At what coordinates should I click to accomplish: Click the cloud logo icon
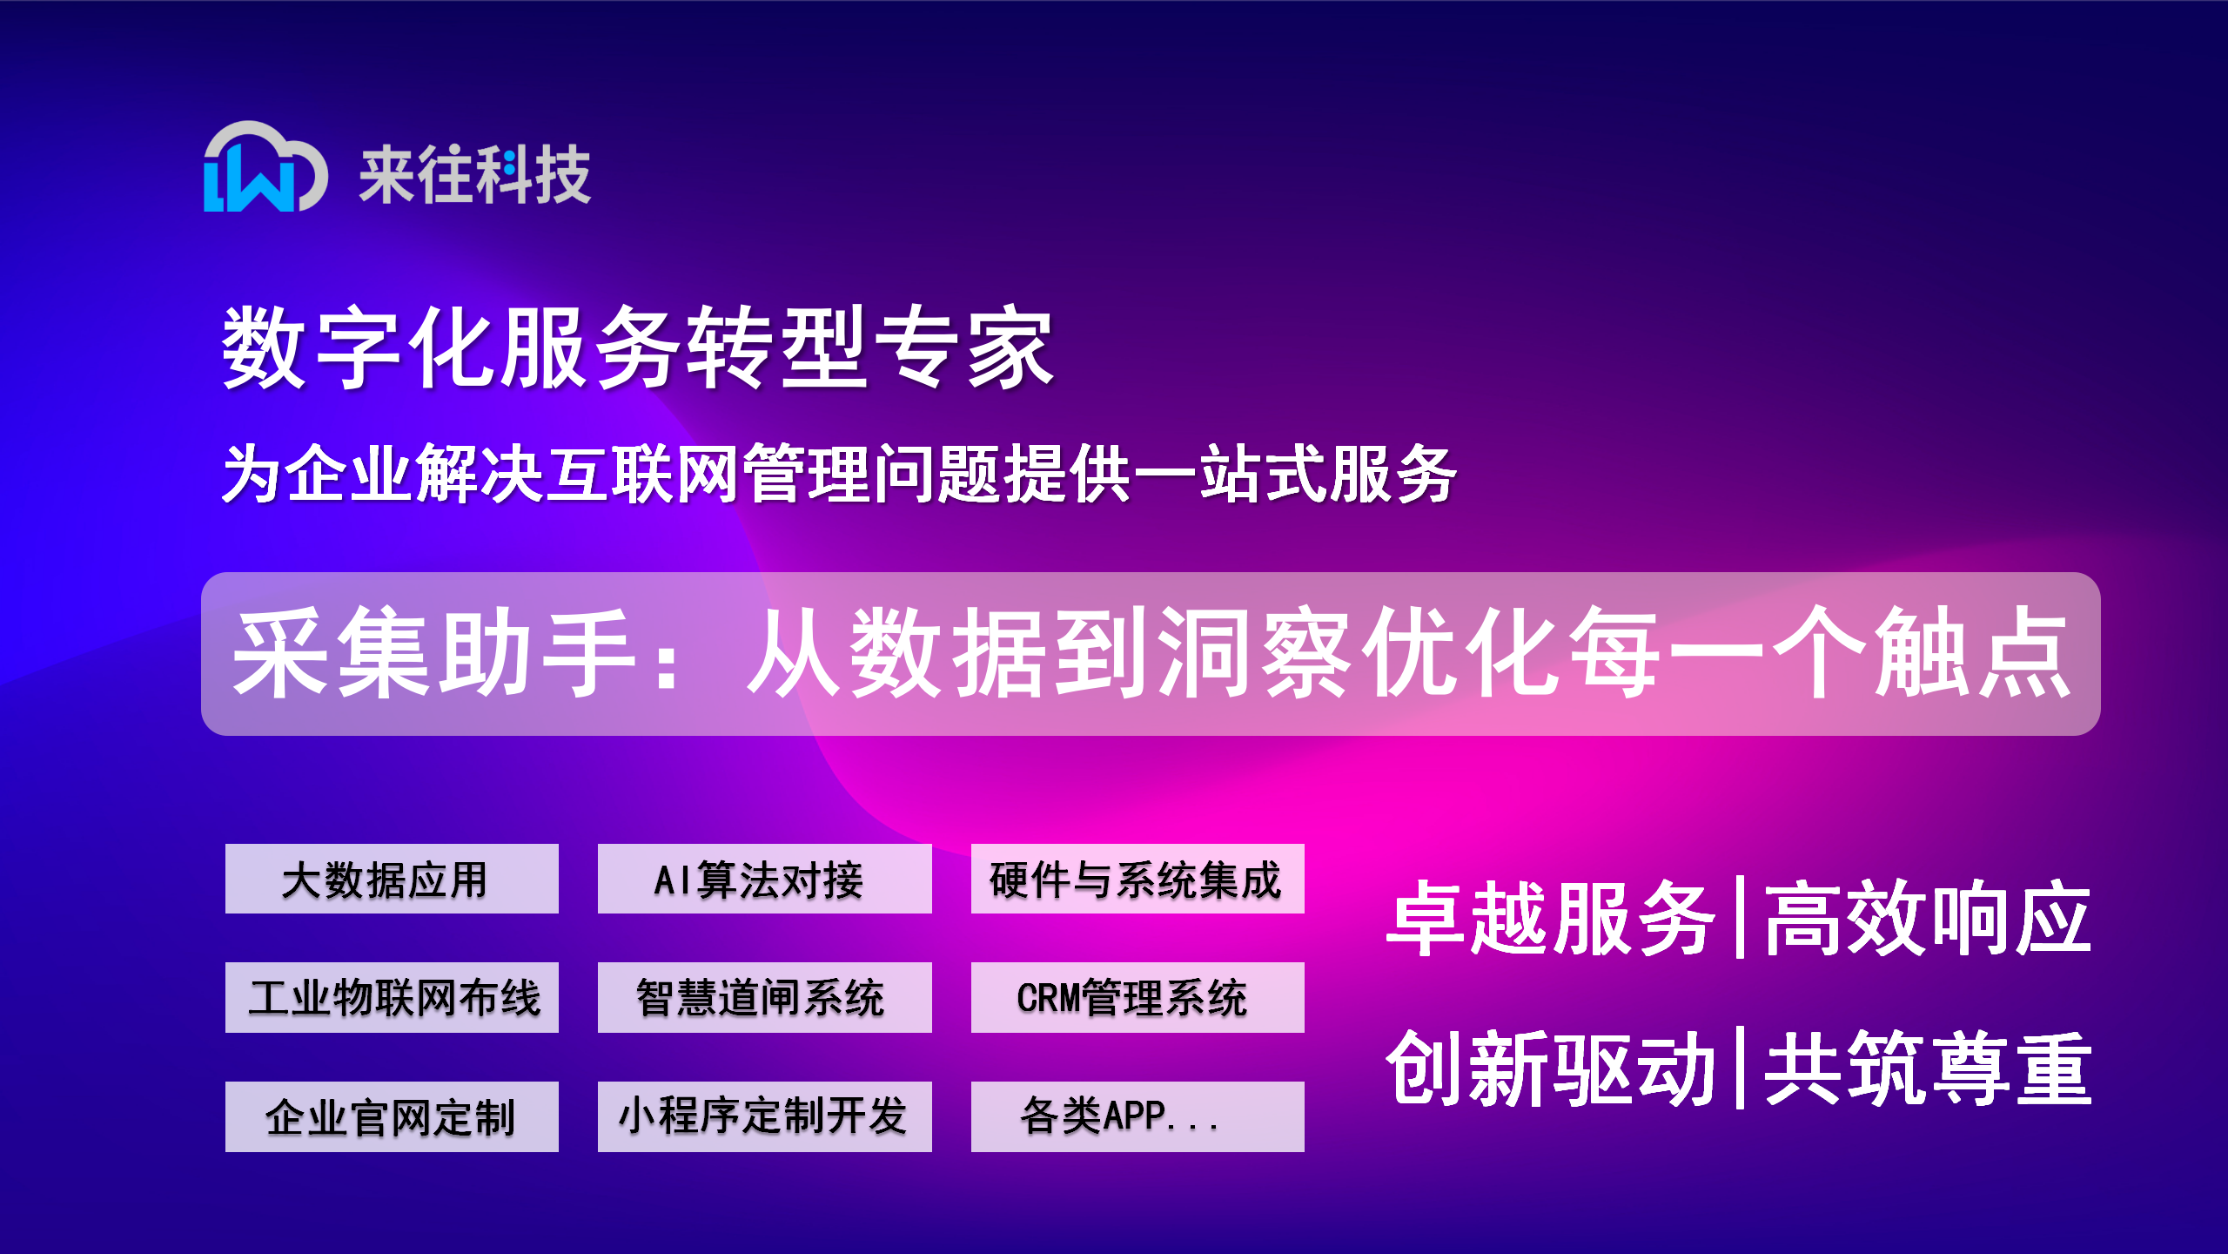point(265,167)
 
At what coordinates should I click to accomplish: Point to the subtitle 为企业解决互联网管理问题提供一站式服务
point(839,474)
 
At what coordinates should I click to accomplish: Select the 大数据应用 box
point(392,879)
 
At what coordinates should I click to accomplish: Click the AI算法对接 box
point(764,879)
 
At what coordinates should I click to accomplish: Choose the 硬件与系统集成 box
point(1137,879)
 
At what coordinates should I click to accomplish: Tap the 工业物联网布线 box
point(392,997)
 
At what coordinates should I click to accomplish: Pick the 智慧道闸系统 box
point(764,997)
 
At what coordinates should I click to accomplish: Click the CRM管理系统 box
point(1137,997)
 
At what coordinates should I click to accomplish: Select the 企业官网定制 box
point(392,1116)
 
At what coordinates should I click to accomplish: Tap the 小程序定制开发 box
point(764,1116)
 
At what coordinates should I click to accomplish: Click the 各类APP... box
point(1137,1116)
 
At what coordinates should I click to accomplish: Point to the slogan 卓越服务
point(1551,918)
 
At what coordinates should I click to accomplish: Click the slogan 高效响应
point(1927,918)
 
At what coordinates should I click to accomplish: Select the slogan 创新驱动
point(1551,1068)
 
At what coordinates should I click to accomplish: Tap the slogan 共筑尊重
point(1927,1068)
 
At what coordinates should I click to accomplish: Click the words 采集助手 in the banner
point(432,653)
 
